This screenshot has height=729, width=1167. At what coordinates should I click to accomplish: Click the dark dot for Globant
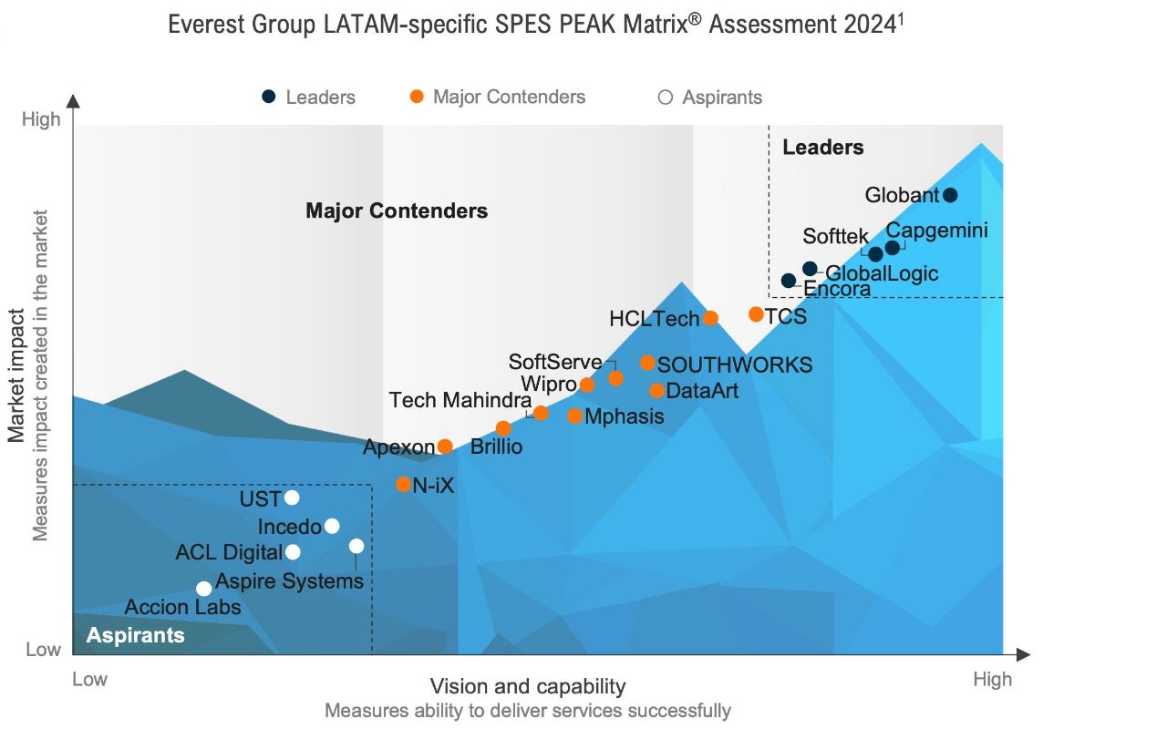tap(950, 195)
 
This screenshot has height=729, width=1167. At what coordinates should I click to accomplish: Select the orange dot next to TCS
tap(756, 314)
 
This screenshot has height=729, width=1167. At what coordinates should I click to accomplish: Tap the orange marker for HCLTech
tap(710, 318)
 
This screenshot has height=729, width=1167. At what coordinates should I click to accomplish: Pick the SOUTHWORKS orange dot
tap(647, 363)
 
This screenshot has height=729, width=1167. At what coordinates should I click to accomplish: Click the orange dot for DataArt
tap(656, 391)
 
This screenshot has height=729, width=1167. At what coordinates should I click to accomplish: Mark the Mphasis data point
tap(574, 416)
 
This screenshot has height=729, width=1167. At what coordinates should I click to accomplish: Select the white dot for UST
tap(292, 498)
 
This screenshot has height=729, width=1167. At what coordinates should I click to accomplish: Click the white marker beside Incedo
tap(332, 526)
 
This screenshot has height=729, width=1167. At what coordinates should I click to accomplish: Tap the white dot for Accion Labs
tap(204, 589)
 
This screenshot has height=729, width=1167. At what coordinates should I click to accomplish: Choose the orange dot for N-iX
tap(403, 485)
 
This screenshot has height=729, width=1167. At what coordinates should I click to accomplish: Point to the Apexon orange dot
tap(445, 447)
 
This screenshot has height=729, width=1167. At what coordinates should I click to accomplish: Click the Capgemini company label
tap(936, 231)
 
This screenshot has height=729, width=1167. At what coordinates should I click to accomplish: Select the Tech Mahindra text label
tap(460, 400)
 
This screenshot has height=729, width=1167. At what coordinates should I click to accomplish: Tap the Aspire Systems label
tap(290, 581)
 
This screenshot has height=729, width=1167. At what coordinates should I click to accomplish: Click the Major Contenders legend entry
tap(509, 97)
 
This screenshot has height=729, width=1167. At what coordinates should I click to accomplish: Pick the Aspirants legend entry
tap(721, 98)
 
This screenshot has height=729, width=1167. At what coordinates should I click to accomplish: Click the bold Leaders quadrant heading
tap(822, 147)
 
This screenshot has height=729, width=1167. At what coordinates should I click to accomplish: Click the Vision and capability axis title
tap(527, 686)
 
